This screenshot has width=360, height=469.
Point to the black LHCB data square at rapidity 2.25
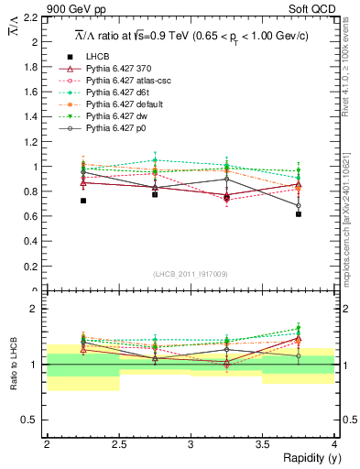click(82, 201)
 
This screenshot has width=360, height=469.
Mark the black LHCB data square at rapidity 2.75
click(155, 194)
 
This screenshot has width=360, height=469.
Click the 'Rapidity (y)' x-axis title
click(305, 457)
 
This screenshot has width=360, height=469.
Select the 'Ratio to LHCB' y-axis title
click(13, 365)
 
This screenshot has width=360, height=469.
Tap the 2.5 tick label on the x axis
click(118, 443)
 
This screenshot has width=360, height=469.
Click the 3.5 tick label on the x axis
click(262, 443)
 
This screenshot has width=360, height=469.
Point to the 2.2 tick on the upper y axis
click(34, 18)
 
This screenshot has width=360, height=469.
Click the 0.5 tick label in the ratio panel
click(34, 420)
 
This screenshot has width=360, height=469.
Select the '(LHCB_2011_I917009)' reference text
click(191, 274)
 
